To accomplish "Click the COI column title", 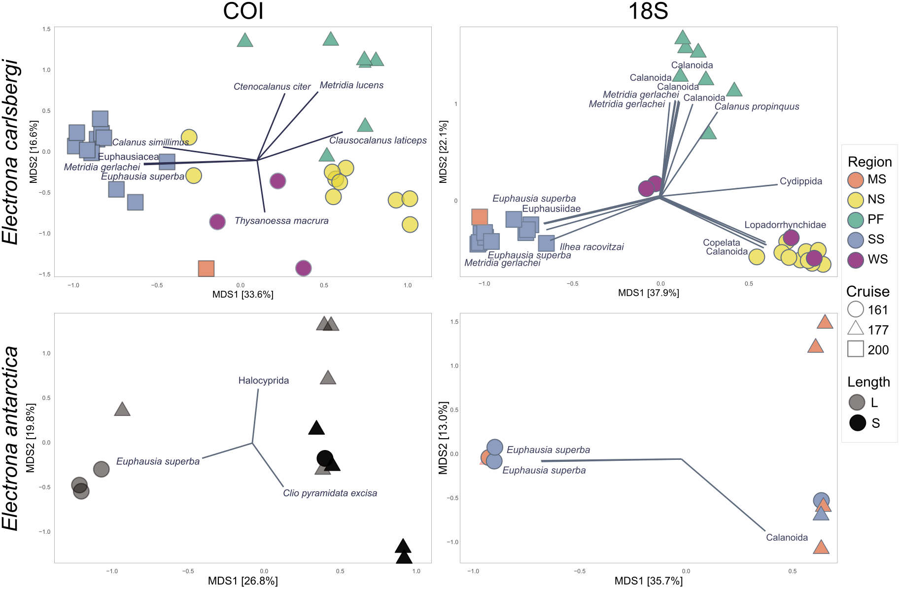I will tap(243, 11).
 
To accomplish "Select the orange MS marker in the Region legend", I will tap(856, 180).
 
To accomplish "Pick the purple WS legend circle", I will tap(856, 260).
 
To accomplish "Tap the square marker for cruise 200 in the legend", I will tap(856, 349).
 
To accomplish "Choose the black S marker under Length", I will tap(858, 423).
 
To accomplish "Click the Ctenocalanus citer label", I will tap(272, 87).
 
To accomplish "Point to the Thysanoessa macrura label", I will tap(281, 221).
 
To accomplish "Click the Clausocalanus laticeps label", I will tap(378, 140).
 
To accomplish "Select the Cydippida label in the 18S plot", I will tap(800, 181).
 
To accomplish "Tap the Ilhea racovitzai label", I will tap(591, 247).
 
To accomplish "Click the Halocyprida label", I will tap(263, 381).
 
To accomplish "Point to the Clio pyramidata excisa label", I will tap(330, 493).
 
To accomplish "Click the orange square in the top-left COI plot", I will tap(206, 269).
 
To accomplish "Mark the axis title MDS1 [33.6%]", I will tap(242, 295).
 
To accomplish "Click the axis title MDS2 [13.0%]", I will tap(443, 438).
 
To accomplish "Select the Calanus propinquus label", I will tap(757, 106).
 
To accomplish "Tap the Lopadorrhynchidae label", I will tap(785, 225).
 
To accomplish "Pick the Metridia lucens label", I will tap(351, 85).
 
